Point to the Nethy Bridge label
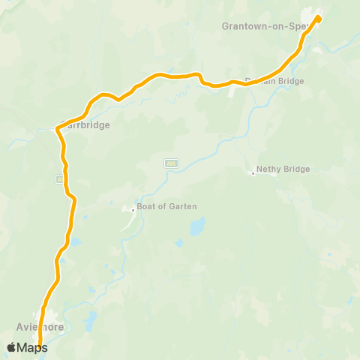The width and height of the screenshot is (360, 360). click(x=283, y=169)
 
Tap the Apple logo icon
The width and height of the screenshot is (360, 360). click(x=12, y=347)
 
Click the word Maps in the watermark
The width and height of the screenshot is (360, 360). click(x=31, y=347)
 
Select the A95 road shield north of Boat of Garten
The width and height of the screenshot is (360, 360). click(x=171, y=162)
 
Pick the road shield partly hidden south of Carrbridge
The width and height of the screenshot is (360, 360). click(x=58, y=179)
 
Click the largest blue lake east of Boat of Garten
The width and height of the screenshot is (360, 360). click(x=197, y=226)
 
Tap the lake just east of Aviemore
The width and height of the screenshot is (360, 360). click(x=91, y=321)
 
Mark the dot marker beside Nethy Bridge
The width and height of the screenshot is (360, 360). click(x=253, y=174)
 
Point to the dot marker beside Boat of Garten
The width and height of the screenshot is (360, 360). click(x=133, y=210)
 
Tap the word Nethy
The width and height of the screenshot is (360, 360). click(x=268, y=169)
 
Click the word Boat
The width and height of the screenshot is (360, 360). click(x=145, y=206)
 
